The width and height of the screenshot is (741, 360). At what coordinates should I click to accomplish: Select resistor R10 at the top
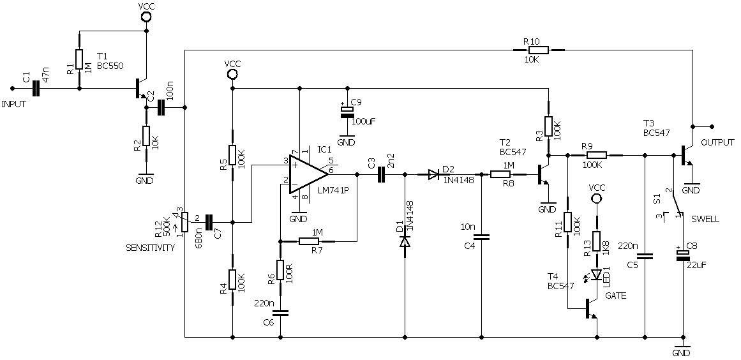pos(537,50)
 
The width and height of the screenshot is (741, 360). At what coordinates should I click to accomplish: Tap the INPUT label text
pos(14,104)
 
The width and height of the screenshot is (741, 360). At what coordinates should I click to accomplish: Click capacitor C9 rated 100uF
pos(347,110)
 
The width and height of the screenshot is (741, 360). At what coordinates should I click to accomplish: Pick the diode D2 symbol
pos(434,174)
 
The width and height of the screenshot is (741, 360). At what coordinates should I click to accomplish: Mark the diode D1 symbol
pos(405,242)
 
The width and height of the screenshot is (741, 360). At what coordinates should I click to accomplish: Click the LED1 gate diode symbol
pos(597,274)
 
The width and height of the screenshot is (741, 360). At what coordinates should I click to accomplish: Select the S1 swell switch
pos(675,206)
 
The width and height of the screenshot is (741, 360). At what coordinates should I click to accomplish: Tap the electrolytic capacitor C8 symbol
pos(683,255)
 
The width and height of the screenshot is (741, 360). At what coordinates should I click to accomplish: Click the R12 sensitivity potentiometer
pos(184,222)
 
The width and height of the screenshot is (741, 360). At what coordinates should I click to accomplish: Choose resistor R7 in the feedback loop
pos(309,241)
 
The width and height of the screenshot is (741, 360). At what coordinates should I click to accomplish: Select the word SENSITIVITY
pos(150,248)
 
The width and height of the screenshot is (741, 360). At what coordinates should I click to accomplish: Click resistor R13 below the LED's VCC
pos(597,241)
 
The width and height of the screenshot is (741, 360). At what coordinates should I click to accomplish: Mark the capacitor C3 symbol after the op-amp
pos(382,174)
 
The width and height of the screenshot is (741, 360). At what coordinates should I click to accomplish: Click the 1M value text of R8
pos(509,165)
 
